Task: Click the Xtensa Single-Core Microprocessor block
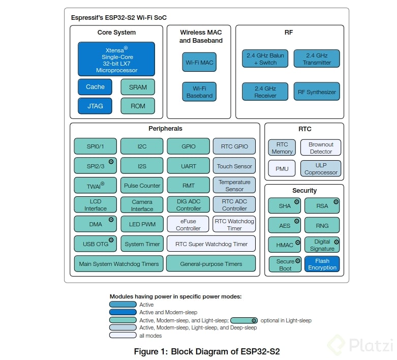(116, 59)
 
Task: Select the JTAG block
(95, 106)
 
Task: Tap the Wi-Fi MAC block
(199, 62)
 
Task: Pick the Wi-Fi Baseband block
(199, 92)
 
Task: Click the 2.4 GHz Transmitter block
(316, 59)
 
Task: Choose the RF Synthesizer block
(316, 92)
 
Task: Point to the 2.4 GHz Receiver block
(265, 92)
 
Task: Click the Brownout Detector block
(320, 148)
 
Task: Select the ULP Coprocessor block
(320, 169)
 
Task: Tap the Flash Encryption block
(322, 264)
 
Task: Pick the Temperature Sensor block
(234, 186)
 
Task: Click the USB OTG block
(95, 244)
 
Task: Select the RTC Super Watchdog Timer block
(211, 244)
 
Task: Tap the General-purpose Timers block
(211, 264)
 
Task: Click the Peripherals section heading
(165, 129)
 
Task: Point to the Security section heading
(304, 191)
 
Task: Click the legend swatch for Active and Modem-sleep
(123, 312)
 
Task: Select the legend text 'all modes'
(150, 336)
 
